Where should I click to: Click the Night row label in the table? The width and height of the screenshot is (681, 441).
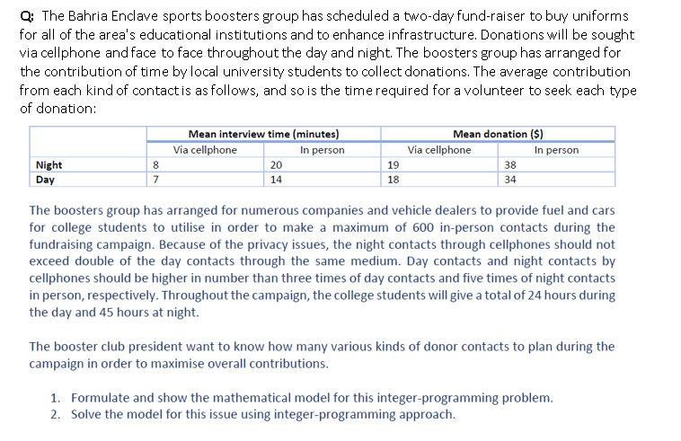coord(49,165)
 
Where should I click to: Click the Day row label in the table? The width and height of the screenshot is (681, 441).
coord(44,180)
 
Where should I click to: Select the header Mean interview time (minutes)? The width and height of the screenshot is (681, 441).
coord(263,134)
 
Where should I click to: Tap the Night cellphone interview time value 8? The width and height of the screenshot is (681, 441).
coord(155,165)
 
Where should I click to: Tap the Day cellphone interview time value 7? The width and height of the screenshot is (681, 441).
coord(155,180)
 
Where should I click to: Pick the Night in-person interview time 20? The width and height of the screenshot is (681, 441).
coord(276,165)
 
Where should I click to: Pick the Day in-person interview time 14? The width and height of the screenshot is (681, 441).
coord(276,180)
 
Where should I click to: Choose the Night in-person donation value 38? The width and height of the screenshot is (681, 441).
coord(510,165)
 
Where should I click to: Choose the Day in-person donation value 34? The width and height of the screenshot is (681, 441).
coord(510,180)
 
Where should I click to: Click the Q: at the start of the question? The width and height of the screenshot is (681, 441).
coord(26,17)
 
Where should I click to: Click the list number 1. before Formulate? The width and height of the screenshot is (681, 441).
coord(56,397)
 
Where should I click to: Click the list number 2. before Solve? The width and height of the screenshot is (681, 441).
coord(56,414)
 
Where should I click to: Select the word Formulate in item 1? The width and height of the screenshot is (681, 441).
coord(102,397)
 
